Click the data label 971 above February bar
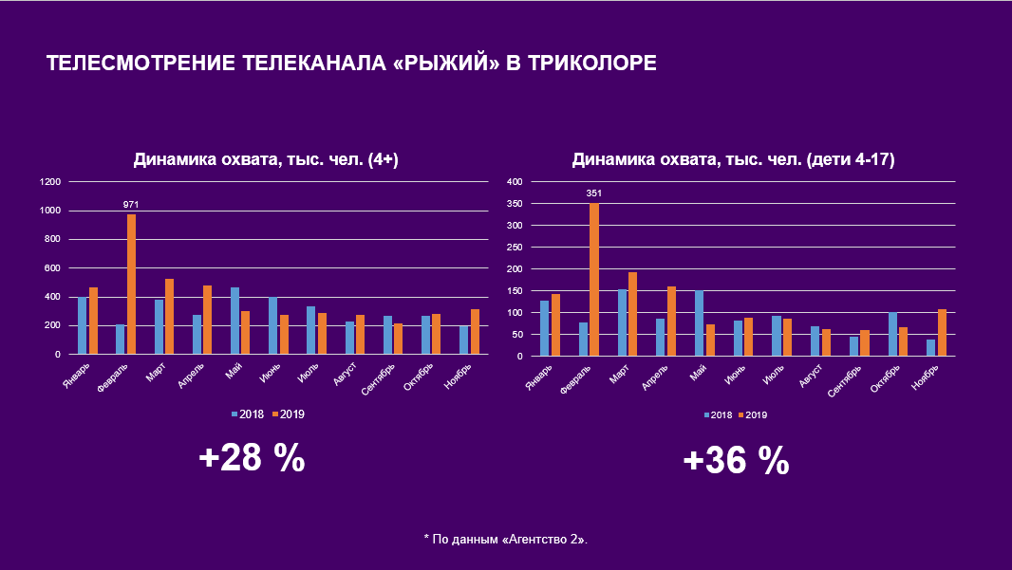131,204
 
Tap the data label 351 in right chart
594,193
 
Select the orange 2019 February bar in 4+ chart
131,284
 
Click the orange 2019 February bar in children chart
594,279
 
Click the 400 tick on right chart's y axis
514,181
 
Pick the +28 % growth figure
252,459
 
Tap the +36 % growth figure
736,461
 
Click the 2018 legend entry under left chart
249,414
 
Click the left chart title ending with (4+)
265,160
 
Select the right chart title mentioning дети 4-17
733,160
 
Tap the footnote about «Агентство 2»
505,539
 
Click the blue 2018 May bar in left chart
234,321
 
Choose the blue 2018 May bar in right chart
699,322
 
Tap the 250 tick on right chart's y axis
514,247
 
